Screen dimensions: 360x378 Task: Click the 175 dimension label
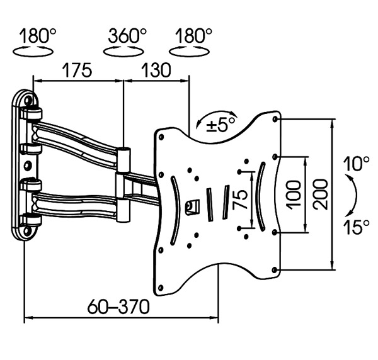pos(77,70)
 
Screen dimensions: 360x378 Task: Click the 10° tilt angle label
pos(356,165)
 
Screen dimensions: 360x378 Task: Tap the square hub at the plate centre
pos(193,205)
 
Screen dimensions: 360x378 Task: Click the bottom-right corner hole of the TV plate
pos(275,270)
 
